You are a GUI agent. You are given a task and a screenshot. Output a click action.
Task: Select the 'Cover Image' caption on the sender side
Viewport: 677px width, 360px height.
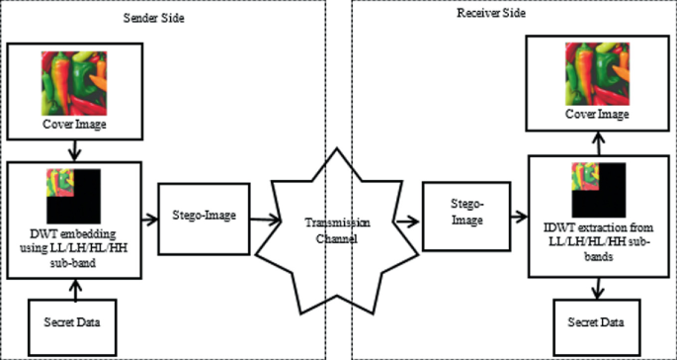pyautogui.click(x=74, y=125)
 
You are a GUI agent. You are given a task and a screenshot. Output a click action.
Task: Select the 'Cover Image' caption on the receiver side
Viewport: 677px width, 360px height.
pyautogui.click(x=596, y=116)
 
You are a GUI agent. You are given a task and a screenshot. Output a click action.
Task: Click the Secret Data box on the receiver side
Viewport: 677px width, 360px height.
pyautogui.click(x=596, y=323)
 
